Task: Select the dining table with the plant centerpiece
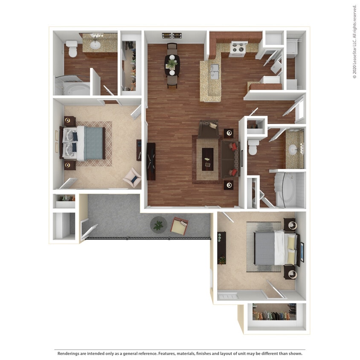[x=172, y=65]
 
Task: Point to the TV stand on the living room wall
[x=151, y=162]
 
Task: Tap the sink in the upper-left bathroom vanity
[x=96, y=44]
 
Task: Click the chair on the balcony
[x=179, y=225]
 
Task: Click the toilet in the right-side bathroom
[x=253, y=147]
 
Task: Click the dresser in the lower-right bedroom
[x=221, y=248]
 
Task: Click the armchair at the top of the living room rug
[x=208, y=129]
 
